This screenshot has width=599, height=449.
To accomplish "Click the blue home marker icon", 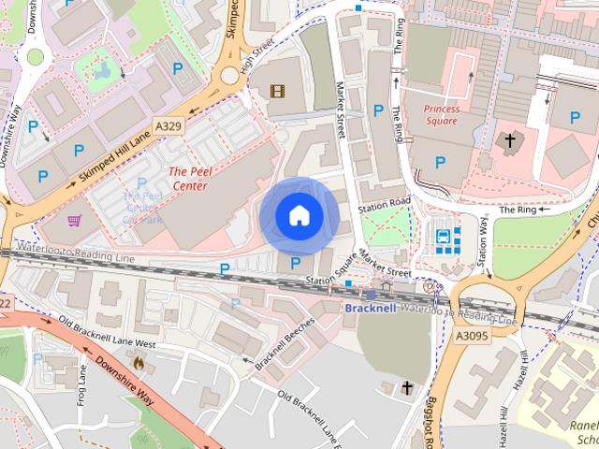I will pos(299,215).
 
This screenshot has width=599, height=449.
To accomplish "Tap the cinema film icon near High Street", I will pos(276,91).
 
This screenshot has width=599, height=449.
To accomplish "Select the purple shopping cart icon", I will pos(74,222).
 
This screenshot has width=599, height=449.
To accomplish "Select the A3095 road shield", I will pos(474,335).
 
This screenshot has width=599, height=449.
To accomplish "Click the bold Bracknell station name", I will pos(371,308).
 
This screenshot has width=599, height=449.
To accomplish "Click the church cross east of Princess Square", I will pos(510,143).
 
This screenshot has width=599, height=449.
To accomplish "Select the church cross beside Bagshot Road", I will pos(407,386).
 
